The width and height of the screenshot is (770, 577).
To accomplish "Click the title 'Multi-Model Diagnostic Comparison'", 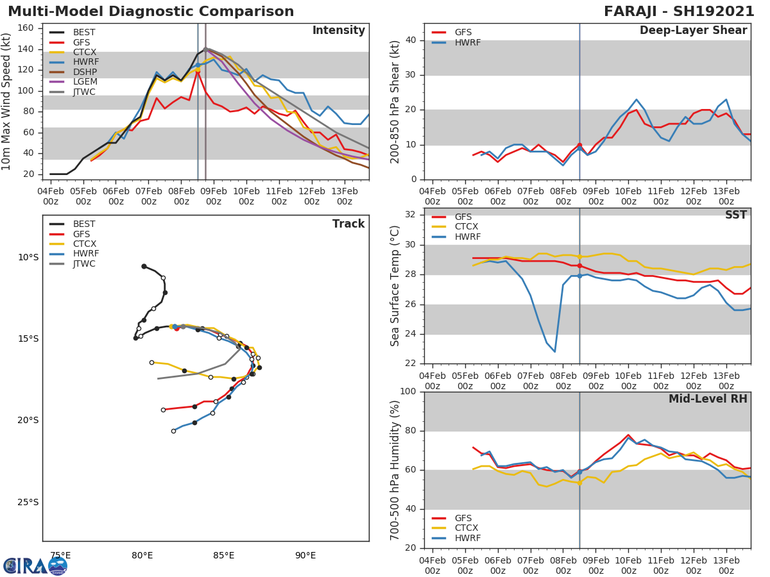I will pyautogui.click(x=151, y=12).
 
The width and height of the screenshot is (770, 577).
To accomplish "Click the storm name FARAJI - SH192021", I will pyautogui.click(x=679, y=12).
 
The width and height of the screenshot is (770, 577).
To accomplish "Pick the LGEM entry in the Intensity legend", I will pyautogui.click(x=85, y=82).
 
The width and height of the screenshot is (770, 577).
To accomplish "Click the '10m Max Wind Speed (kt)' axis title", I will pyautogui.click(x=7, y=101).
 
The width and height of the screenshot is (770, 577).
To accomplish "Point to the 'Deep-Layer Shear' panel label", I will pyautogui.click(x=693, y=31).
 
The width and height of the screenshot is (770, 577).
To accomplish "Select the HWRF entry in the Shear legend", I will pyautogui.click(x=467, y=42).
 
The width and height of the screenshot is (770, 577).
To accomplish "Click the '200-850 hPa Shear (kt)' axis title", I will pyautogui.click(x=396, y=101).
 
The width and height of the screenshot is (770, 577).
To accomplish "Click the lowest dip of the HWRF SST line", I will pyautogui.click(x=554, y=351).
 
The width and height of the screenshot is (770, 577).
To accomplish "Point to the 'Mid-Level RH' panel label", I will pyautogui.click(x=708, y=399).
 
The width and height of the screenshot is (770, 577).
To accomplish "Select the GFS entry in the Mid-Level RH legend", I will pyautogui.click(x=463, y=518).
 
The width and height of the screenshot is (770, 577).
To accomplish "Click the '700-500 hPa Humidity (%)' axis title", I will pyautogui.click(x=396, y=469).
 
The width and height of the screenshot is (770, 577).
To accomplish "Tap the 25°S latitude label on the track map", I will pyautogui.click(x=28, y=502).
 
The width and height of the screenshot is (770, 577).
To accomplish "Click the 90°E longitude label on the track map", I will pyautogui.click(x=305, y=555).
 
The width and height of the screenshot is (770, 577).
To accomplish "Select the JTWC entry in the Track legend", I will pyautogui.click(x=84, y=263).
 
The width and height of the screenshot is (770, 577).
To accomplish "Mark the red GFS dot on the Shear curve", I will pyautogui.click(x=579, y=146).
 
